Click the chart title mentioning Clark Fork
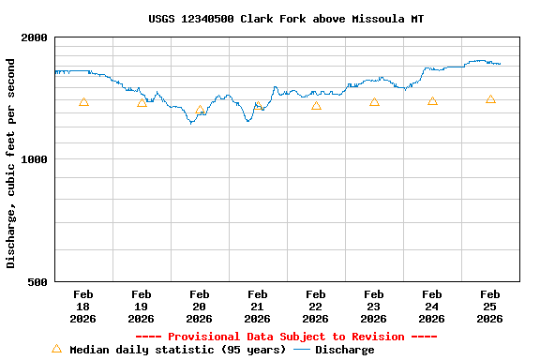[286, 19]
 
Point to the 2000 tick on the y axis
[36, 37]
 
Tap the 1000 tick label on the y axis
[36, 159]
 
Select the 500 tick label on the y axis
[38, 281]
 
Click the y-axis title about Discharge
[11, 163]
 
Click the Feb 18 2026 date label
[82, 307]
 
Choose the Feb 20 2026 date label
[199, 307]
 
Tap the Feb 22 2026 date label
[315, 307]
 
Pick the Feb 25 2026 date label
[489, 307]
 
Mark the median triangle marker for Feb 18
[83, 102]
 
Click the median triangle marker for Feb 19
[142, 102]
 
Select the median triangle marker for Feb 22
[316, 105]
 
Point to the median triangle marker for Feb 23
[374, 101]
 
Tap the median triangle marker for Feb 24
[432, 100]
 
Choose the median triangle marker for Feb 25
[490, 98]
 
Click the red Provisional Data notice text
[286, 337]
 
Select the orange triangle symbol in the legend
[56, 349]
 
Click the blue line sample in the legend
[301, 350]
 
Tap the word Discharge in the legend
[344, 350]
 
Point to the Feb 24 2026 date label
[431, 307]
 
